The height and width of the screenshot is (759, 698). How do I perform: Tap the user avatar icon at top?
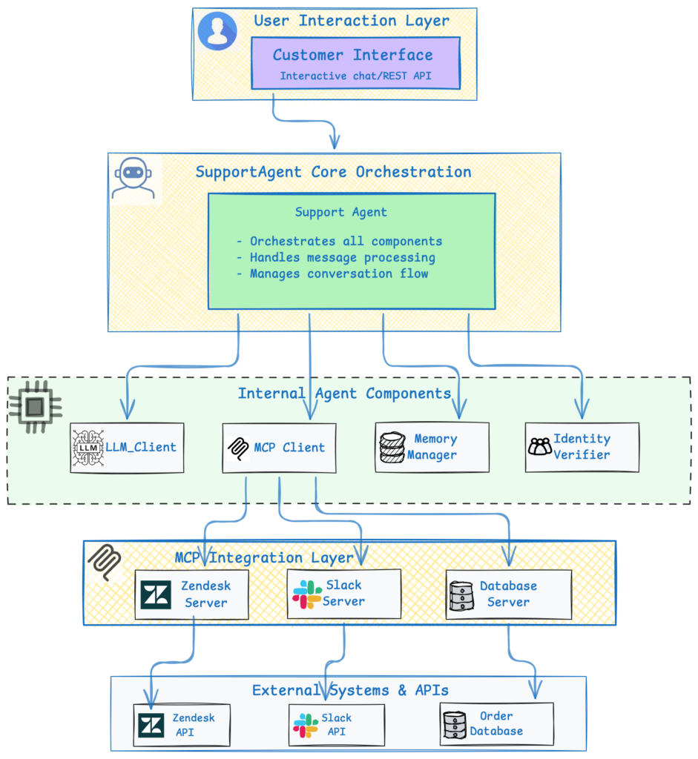[x=217, y=31]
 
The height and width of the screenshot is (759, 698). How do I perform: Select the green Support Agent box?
[x=352, y=251]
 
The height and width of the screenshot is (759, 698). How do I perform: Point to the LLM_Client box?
[x=128, y=447]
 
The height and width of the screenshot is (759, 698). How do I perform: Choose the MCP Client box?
[x=279, y=448]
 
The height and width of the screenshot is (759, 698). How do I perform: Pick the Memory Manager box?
[x=432, y=447]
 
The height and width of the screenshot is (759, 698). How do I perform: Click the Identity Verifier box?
[x=582, y=447]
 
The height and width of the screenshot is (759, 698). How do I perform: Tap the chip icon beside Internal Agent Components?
[x=34, y=407]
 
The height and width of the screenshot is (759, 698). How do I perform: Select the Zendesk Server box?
[x=191, y=594]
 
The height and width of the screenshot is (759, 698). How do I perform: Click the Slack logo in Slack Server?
[x=307, y=594]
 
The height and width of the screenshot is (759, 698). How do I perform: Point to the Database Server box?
[x=508, y=594]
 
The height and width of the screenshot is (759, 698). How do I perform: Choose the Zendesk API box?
[x=182, y=725]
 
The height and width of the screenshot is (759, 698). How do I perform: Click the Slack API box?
[x=336, y=725]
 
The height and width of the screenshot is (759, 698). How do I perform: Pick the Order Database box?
[x=496, y=724]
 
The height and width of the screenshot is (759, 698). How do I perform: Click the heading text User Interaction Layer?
[x=352, y=21]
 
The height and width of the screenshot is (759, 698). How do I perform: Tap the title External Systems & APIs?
[x=350, y=690]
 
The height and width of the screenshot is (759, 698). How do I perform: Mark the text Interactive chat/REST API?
[x=355, y=76]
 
